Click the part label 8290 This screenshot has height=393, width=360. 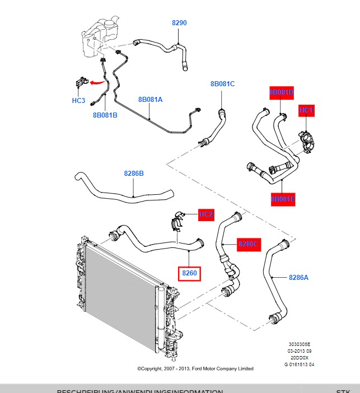click(179, 23)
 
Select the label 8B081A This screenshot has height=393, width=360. click(150, 100)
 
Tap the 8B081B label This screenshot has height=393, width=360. click(105, 115)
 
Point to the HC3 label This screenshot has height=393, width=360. click(78, 101)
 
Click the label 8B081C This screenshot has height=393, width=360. click(222, 84)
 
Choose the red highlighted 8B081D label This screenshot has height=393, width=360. click(282, 92)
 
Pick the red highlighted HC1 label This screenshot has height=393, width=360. click(306, 110)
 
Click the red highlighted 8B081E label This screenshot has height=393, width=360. click(283, 199)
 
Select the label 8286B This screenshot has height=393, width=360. click(134, 174)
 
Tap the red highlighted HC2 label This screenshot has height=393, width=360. click(206, 214)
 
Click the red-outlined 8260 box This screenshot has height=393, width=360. click(190, 274)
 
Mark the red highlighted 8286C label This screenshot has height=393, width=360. click(249, 244)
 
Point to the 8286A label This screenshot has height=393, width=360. click(298, 277)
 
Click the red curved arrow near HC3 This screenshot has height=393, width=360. click(97, 82)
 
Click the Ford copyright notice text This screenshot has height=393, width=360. click(195, 368)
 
